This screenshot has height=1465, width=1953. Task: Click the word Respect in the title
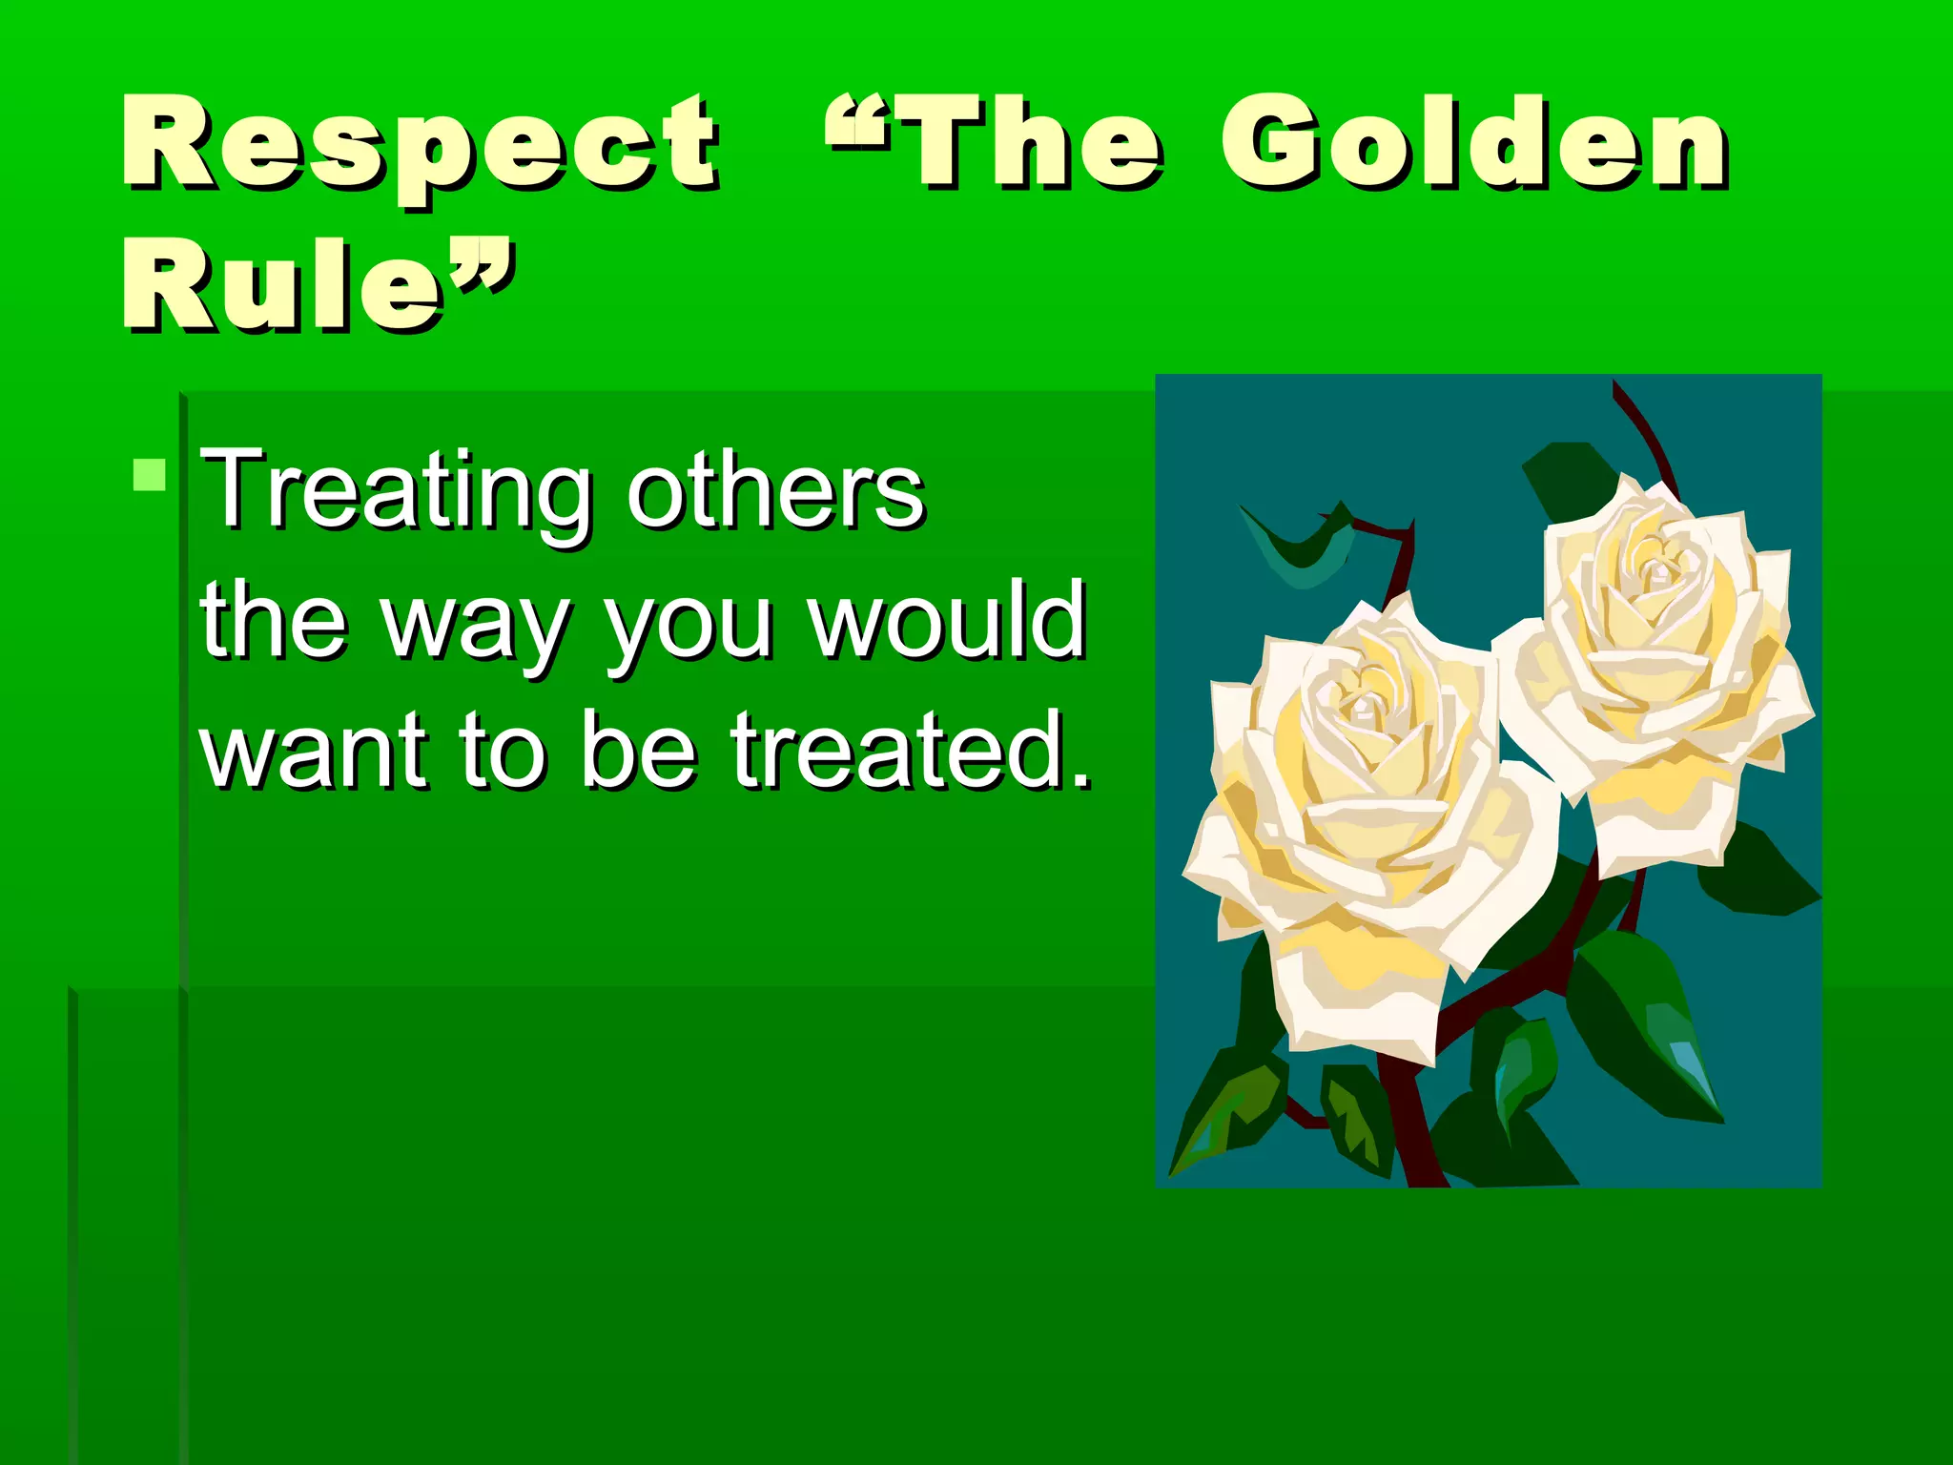(x=420, y=143)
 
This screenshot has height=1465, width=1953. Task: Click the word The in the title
(x=1035, y=143)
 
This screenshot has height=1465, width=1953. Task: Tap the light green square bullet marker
(x=150, y=474)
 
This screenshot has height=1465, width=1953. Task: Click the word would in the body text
(x=948, y=620)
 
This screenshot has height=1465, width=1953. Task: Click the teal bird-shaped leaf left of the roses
(x=1302, y=548)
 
